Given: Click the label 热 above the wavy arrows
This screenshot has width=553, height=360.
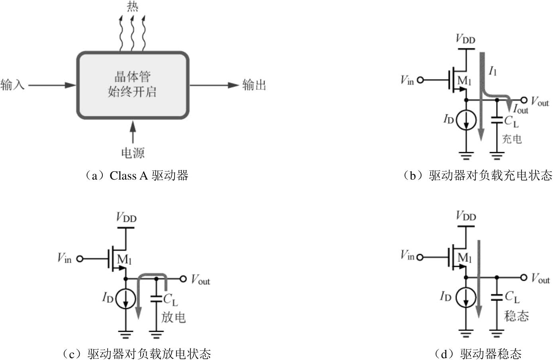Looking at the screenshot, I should coord(133,7).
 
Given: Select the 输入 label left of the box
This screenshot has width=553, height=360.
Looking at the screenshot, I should coord(13,85).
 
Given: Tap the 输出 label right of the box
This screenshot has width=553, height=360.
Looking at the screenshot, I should coord(254,85).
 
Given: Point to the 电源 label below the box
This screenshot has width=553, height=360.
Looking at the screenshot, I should coord(133,153).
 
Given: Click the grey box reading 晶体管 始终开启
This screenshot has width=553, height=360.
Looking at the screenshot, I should coord(133,85).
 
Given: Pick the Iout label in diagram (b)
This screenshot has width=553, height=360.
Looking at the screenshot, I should coord(520,108).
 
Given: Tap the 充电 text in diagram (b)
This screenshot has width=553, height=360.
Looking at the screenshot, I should coord(512,139).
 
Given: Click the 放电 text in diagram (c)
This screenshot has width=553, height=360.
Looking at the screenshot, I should coord(173,317).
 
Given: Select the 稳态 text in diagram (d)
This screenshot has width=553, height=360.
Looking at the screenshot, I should coord(516,316).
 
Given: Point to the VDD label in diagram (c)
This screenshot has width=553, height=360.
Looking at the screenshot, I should coord(126,218).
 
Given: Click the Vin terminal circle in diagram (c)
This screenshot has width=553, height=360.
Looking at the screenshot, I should coord(80,259).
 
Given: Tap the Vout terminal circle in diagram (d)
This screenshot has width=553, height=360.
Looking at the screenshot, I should coord(524,277).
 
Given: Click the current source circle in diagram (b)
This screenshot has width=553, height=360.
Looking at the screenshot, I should coord(466,120).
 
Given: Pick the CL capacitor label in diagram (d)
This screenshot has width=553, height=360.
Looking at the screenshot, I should coord(512,297).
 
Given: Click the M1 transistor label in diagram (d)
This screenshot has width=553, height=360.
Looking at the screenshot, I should coord(465,258).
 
